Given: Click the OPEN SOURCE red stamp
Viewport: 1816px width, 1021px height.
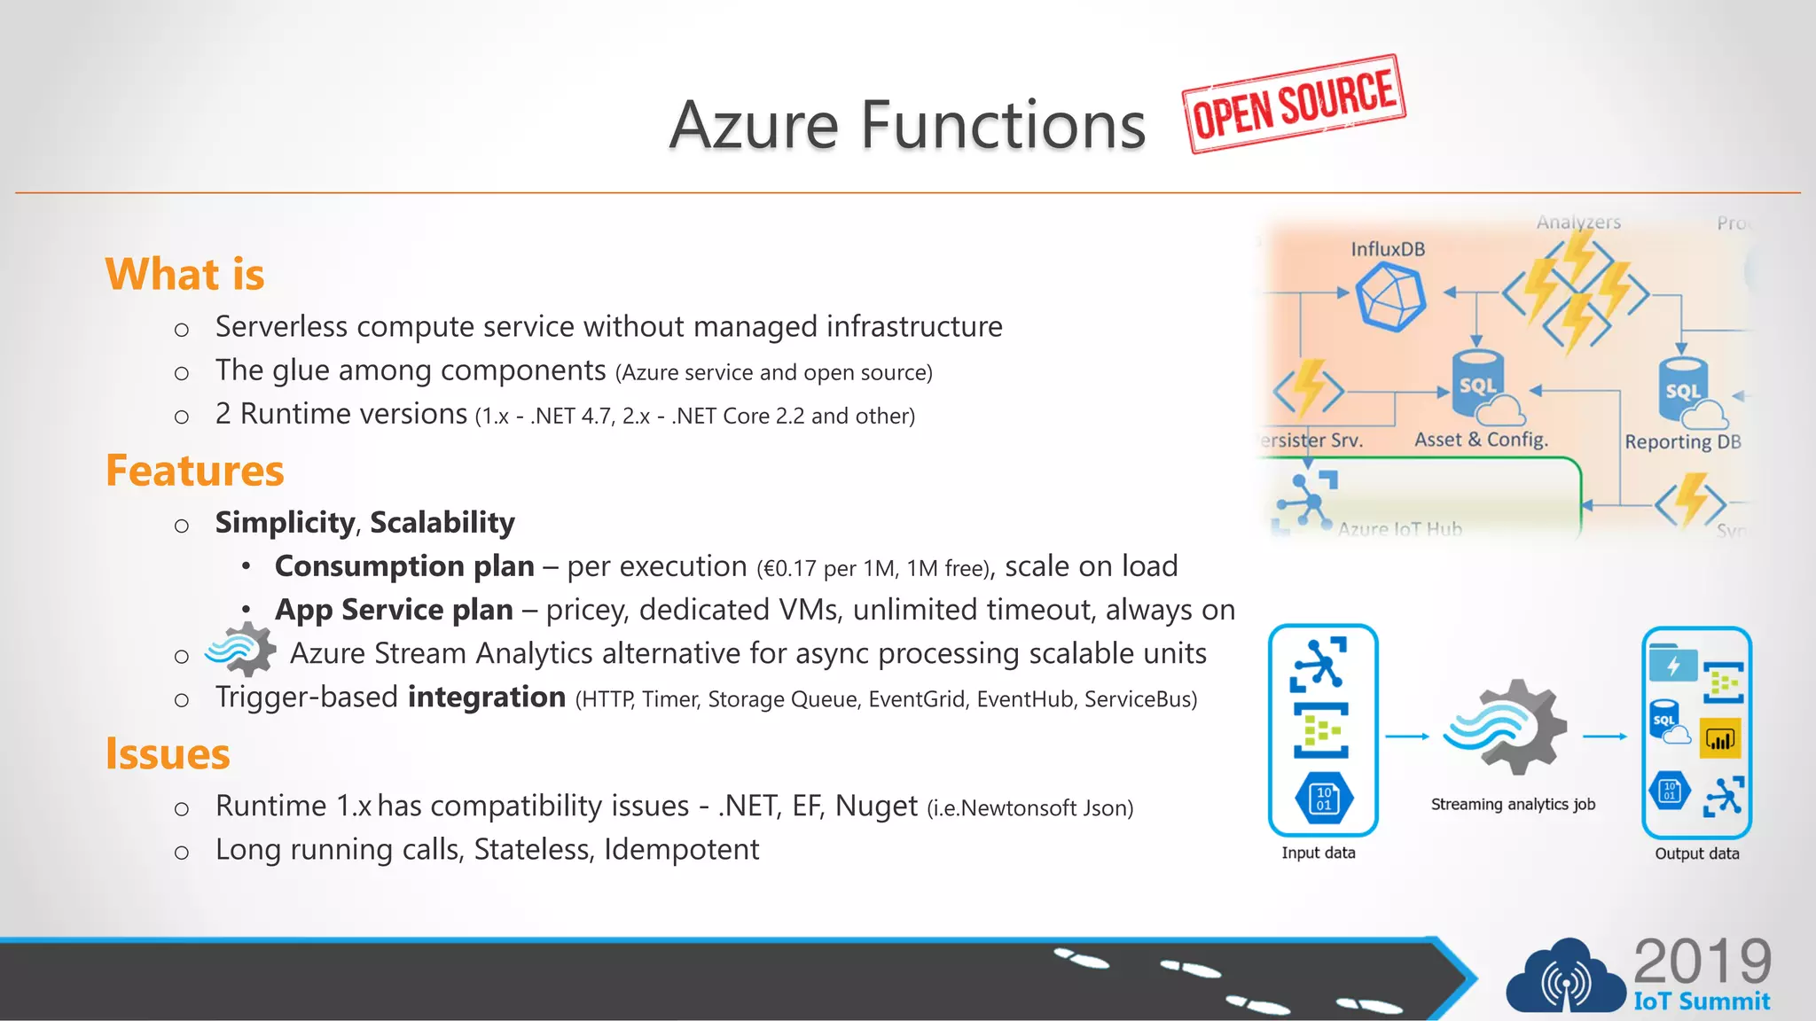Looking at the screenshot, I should (1294, 105).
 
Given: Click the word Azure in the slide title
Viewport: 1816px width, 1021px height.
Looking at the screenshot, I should (754, 125).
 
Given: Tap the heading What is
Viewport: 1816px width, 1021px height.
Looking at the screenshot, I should (184, 274).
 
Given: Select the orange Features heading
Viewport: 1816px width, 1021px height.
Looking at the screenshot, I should (195, 471).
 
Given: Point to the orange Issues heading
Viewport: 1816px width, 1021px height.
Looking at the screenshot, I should (168, 754).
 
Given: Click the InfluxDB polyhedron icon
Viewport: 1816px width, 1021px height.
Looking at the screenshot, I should (1389, 299).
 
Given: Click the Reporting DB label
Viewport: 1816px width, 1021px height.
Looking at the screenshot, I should (1682, 441).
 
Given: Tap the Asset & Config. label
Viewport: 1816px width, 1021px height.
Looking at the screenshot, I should (1481, 440).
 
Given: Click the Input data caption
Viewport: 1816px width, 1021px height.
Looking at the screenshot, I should (1318, 853).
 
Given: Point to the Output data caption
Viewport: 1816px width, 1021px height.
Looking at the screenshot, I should (1696, 853).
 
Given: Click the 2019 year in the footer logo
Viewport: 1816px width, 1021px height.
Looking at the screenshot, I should (1702, 962).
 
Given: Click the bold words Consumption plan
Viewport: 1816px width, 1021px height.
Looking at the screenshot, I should (404, 566).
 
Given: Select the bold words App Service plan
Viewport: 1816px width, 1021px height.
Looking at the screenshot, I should (394, 610).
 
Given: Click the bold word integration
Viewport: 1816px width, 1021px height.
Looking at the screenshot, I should (487, 698).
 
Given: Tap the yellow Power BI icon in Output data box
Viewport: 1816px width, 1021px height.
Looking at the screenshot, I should (1720, 738).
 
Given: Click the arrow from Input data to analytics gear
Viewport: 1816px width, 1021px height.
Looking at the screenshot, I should (1406, 737).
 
